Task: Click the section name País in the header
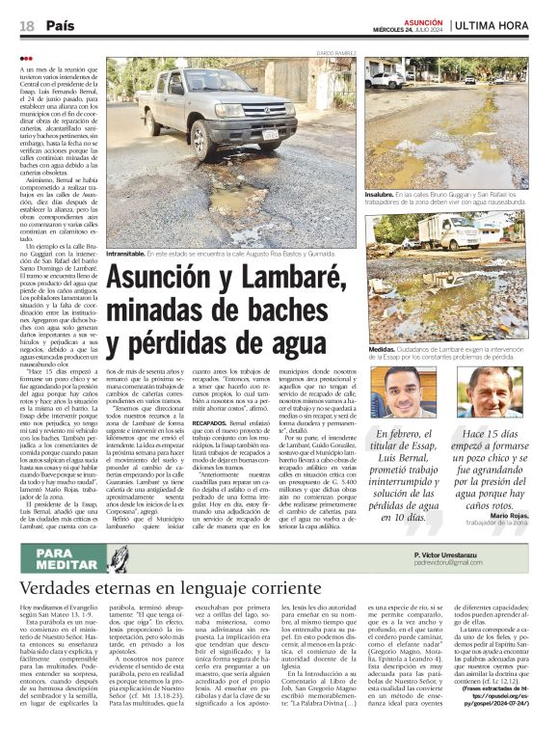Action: click(x=61, y=25)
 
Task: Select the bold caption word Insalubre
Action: click(x=381, y=193)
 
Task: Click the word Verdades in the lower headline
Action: click(x=60, y=588)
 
